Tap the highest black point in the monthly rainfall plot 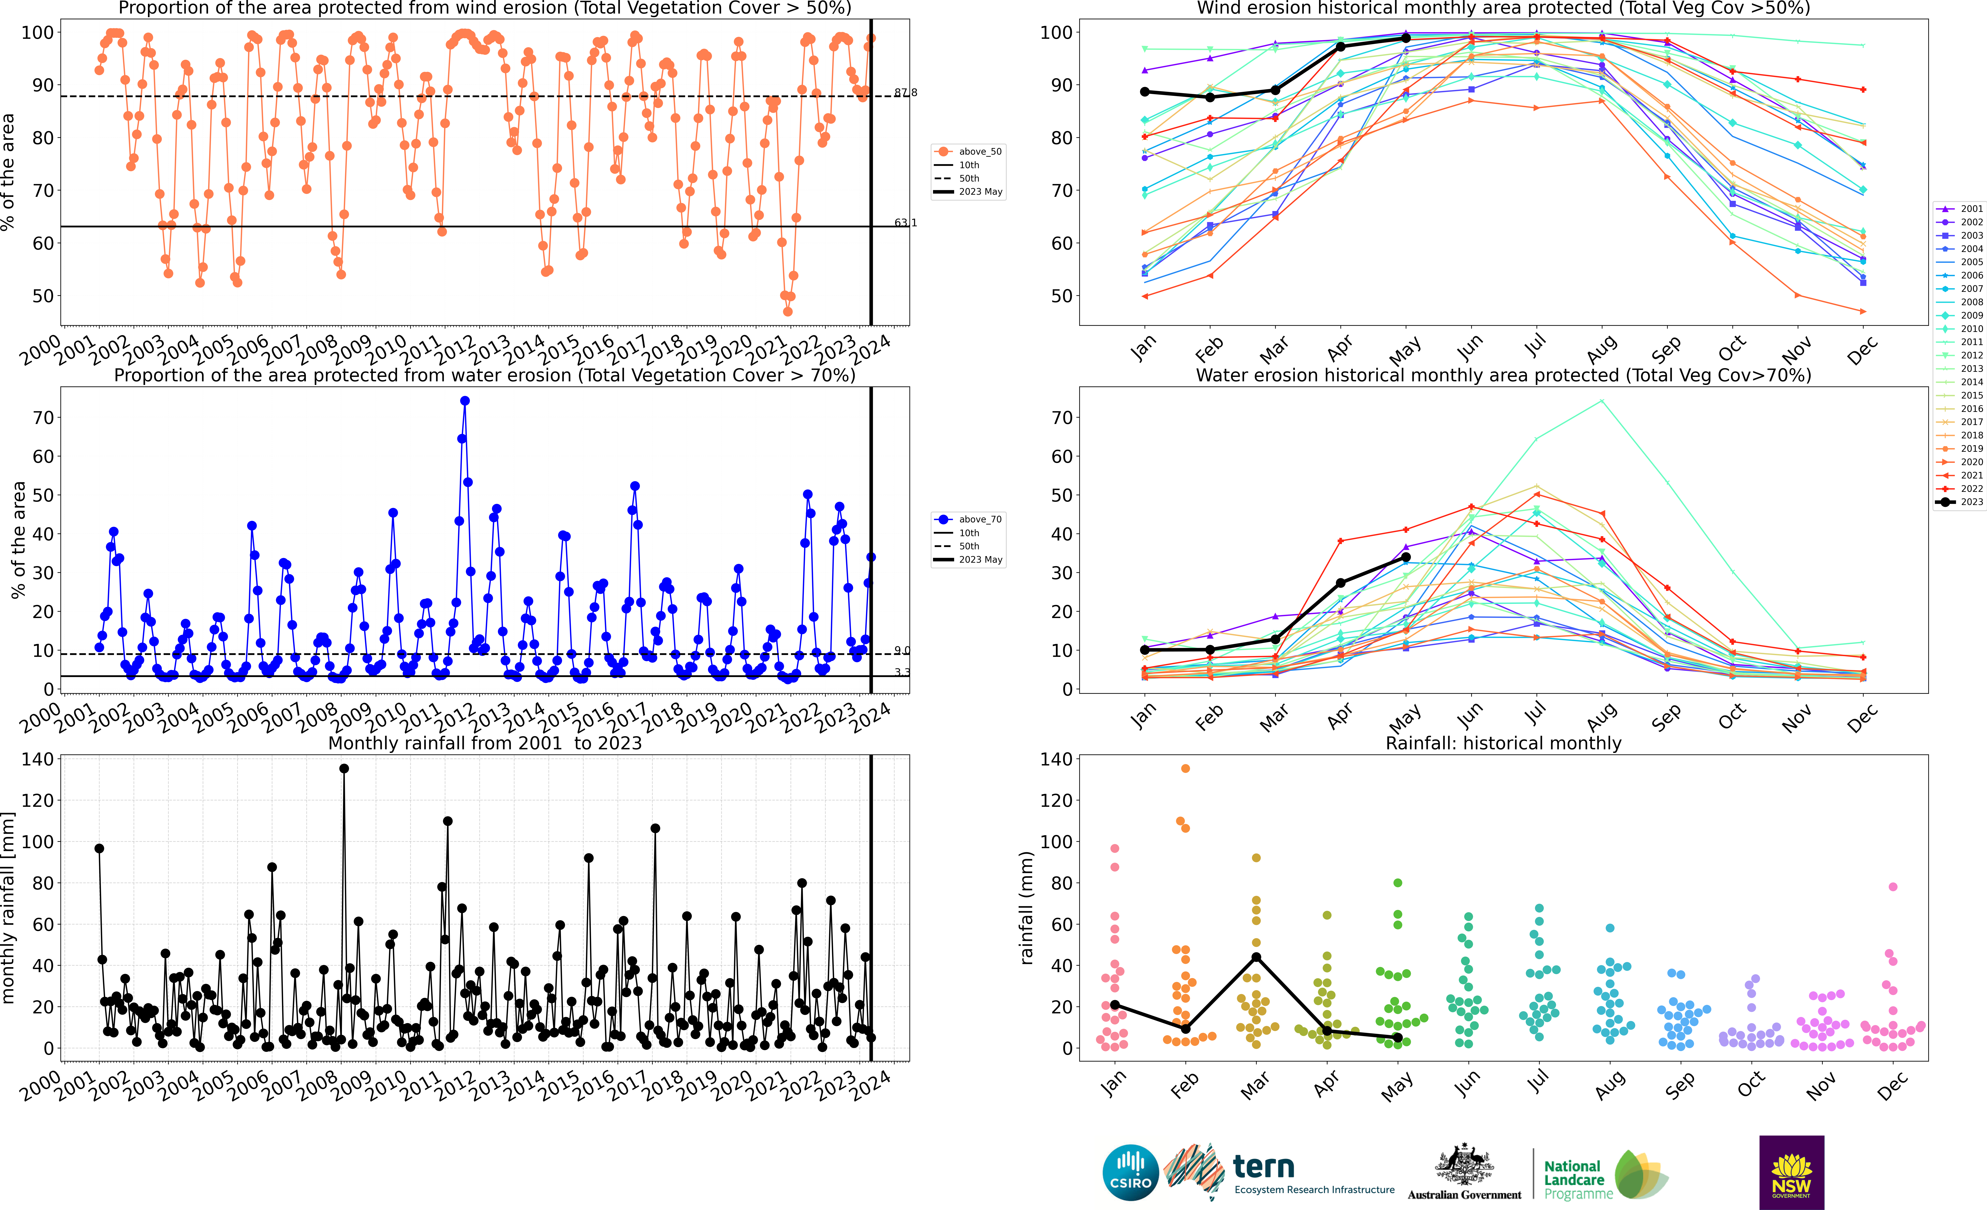click(x=344, y=769)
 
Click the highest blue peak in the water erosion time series click(x=464, y=401)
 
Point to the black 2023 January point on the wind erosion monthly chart click(x=1145, y=92)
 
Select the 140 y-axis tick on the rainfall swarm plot click(x=1056, y=759)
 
